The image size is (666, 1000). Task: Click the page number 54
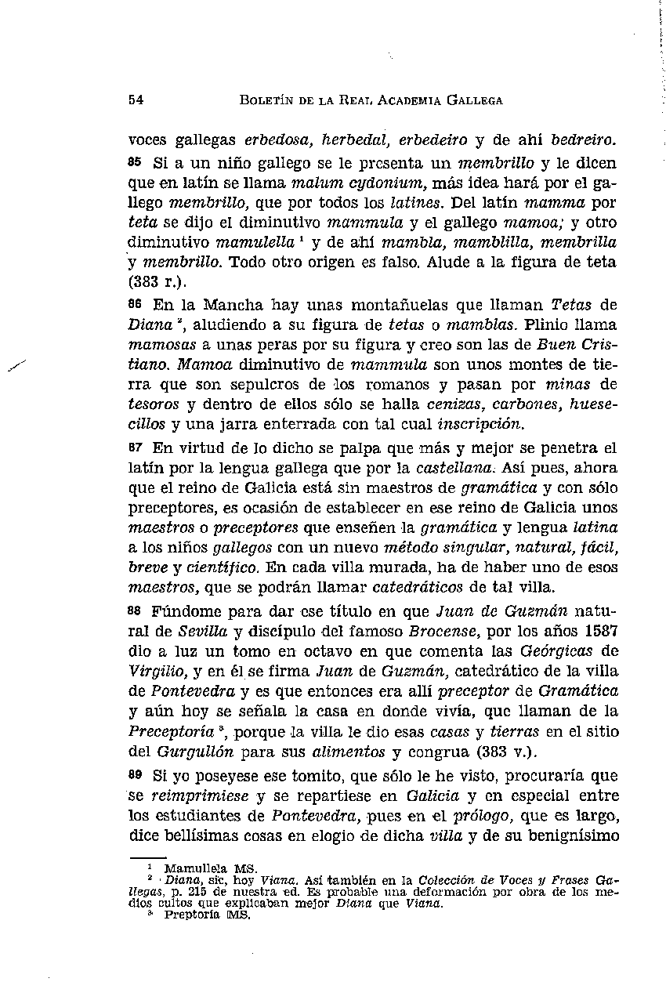click(135, 100)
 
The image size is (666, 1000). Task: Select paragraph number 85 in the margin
click(136, 164)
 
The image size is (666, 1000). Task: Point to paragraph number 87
click(136, 447)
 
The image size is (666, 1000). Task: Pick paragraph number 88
click(136, 609)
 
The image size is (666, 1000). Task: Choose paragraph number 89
click(136, 774)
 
